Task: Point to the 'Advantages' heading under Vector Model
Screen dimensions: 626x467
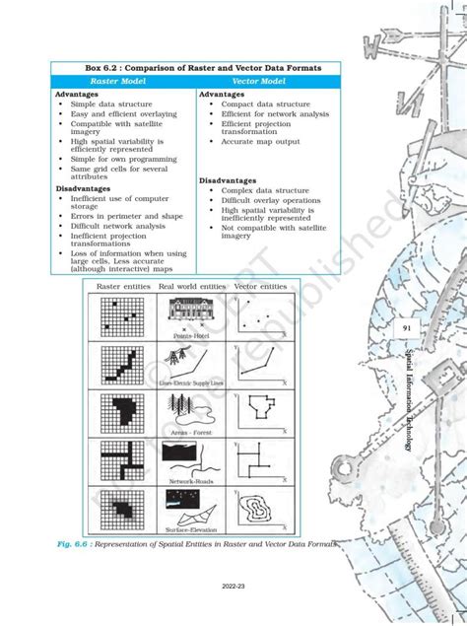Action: pos(229,95)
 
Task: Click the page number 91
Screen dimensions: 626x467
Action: pos(406,328)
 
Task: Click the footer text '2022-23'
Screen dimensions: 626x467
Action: pos(233,585)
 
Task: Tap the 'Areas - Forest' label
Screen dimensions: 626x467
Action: pos(193,432)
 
